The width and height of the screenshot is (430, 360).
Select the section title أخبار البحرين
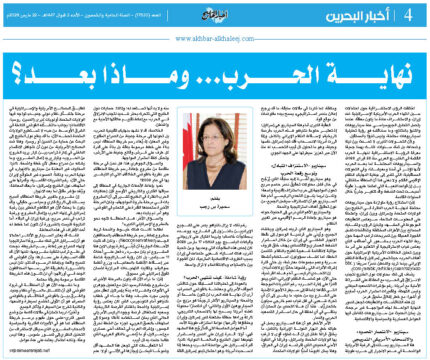377,13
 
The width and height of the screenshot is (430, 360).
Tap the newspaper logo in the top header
216,12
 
